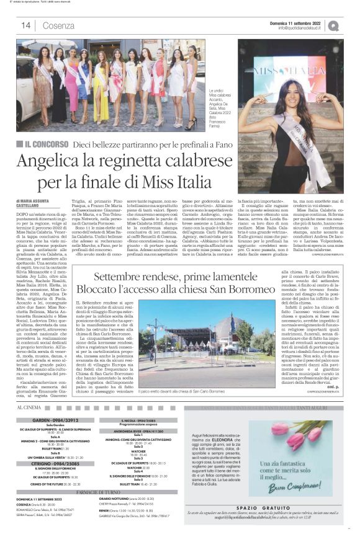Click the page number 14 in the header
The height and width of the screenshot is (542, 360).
pyautogui.click(x=25, y=25)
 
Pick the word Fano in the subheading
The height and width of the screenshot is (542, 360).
pyautogui.click(x=228, y=144)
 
